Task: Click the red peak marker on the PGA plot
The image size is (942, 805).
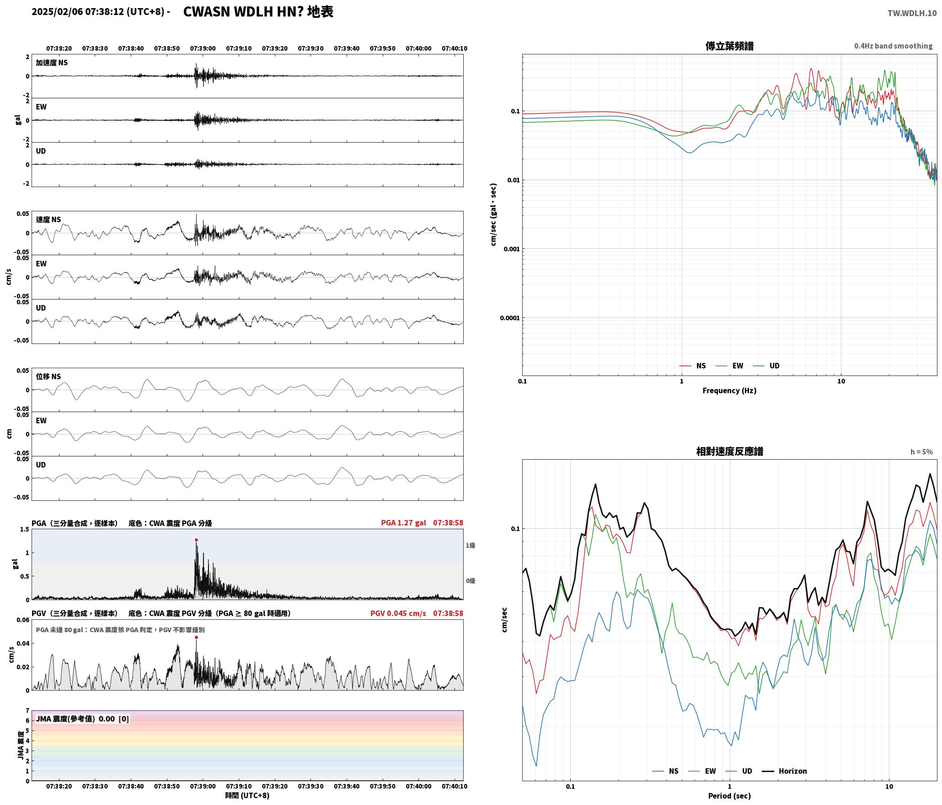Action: (196, 540)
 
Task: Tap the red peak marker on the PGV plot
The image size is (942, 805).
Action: (196, 638)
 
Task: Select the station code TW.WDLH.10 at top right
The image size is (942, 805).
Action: (912, 13)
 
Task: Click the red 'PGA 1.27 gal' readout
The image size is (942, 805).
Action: (403, 523)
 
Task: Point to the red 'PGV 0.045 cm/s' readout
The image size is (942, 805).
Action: (398, 613)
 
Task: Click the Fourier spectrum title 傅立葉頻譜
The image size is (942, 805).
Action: (729, 46)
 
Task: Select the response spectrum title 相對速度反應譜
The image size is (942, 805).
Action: (729, 451)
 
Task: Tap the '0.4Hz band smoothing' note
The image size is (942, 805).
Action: (893, 46)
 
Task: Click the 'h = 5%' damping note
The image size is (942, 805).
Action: (921, 452)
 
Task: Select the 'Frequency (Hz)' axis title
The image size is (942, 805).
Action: (729, 391)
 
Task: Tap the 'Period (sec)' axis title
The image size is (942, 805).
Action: (729, 796)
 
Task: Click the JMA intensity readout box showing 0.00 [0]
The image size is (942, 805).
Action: (82, 719)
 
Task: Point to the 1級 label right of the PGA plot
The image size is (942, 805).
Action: (471, 546)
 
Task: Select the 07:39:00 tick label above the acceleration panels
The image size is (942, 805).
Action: (203, 48)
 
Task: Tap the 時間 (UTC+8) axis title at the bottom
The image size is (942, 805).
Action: (247, 795)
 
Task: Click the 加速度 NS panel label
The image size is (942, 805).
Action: (52, 63)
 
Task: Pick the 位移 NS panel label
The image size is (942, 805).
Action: (48, 376)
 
